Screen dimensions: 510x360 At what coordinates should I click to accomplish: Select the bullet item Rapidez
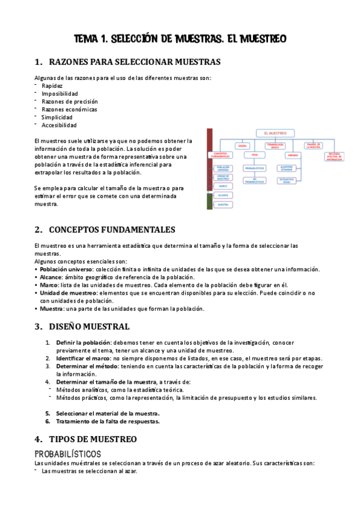tap(52, 86)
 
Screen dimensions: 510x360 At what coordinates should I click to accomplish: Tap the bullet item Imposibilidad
tap(59, 94)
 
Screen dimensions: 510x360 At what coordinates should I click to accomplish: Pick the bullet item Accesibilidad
tap(59, 125)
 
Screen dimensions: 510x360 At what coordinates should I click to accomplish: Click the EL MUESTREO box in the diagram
tap(275, 133)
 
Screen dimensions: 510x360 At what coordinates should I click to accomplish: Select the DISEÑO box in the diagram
tap(243, 146)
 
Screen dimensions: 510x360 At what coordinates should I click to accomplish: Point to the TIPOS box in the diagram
tap(254, 155)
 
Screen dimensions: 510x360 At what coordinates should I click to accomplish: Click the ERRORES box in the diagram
tap(287, 155)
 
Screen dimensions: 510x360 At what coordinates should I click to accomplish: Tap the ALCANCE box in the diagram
tap(222, 195)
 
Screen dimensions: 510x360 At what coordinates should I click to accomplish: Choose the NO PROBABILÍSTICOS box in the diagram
tap(254, 180)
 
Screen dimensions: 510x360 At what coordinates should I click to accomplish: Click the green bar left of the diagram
tap(209, 201)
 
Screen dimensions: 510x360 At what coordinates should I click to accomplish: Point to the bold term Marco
tap(50, 285)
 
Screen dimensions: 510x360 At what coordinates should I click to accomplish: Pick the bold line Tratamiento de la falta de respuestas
tap(108, 421)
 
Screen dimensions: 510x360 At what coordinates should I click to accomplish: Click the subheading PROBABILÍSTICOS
tap(67, 453)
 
